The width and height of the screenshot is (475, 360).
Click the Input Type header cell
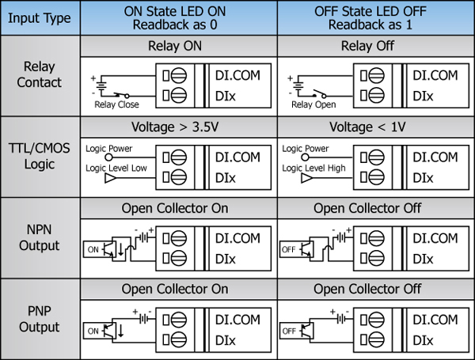[x=41, y=17]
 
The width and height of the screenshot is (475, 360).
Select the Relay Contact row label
[x=41, y=76]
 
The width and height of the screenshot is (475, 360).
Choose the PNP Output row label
[x=41, y=320]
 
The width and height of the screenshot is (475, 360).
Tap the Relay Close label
[x=116, y=104]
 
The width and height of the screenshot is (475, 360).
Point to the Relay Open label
[x=313, y=104]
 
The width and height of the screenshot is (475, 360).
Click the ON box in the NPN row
[x=94, y=248]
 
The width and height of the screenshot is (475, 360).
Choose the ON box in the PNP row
[x=94, y=329]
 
